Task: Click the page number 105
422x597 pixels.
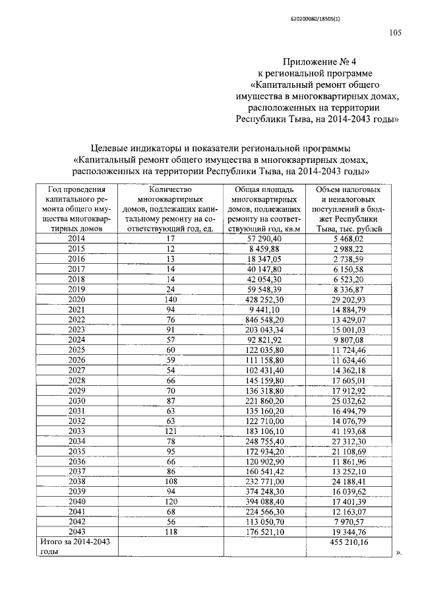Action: click(x=396, y=34)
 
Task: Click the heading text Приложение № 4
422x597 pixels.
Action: click(x=316, y=61)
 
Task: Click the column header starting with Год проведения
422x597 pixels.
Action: click(x=76, y=208)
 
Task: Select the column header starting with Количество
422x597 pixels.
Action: click(x=170, y=208)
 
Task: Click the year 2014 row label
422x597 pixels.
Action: click(x=76, y=238)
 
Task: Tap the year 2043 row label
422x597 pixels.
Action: click(x=76, y=532)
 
